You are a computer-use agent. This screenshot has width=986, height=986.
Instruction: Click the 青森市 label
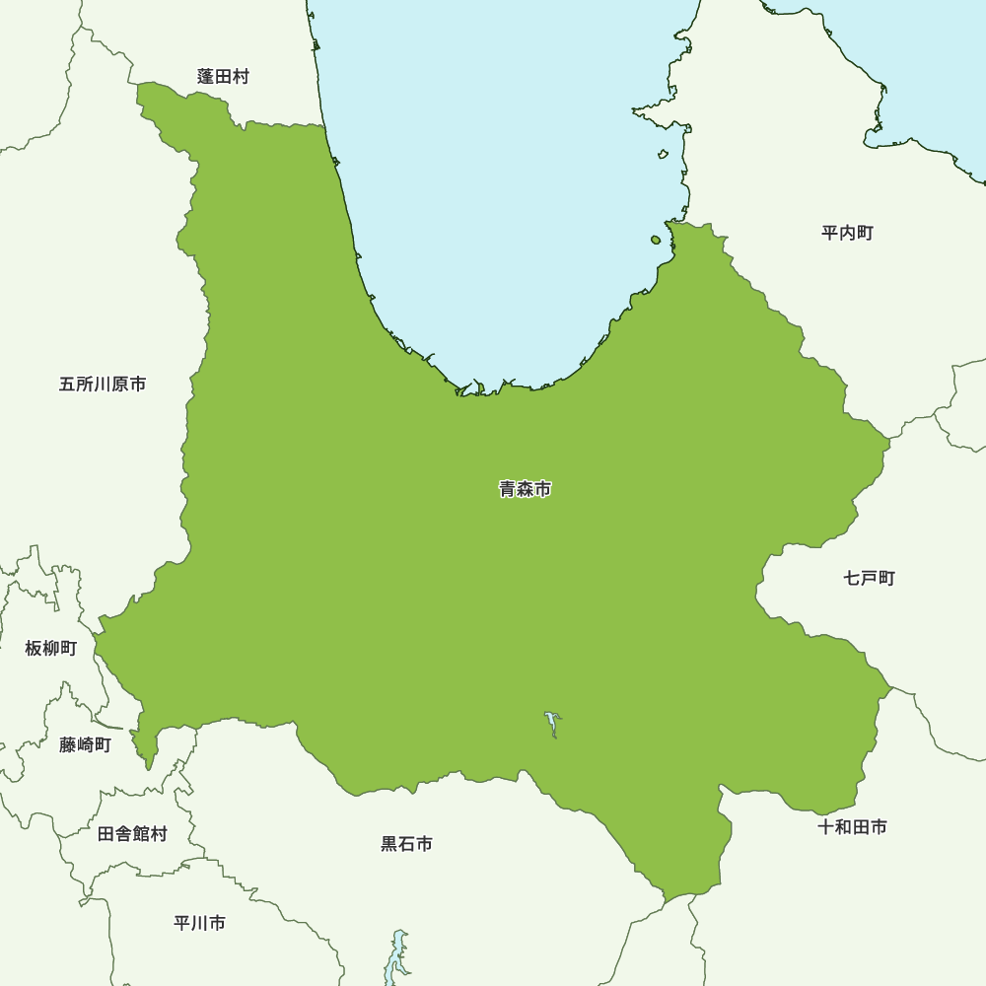coord(525,489)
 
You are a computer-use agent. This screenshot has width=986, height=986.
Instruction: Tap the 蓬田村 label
coord(223,77)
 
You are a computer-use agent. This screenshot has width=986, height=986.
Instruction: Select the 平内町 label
coord(847,234)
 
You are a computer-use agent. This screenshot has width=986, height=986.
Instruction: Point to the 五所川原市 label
coord(103,385)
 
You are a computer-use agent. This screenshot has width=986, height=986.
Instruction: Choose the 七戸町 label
coord(869,578)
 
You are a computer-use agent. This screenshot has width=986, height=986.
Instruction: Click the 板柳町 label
coord(51,648)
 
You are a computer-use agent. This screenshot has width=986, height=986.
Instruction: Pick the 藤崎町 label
coord(85,745)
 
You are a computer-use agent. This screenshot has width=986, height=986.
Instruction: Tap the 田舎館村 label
coord(132,834)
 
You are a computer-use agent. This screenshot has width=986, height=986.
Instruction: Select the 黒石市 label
coord(406,844)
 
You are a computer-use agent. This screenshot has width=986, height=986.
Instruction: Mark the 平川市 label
coord(199,923)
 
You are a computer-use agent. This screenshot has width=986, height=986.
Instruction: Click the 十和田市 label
coord(852,827)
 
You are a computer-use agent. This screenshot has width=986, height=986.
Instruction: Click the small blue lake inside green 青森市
coord(552,724)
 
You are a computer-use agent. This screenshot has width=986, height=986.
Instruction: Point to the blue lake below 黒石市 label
coord(396,952)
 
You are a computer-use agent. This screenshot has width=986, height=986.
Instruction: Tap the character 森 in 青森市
coord(525,489)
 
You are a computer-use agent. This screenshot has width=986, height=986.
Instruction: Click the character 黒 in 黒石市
coord(389,844)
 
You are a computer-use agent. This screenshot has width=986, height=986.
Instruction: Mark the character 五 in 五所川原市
coord(68,385)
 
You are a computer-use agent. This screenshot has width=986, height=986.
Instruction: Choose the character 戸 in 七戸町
coord(869,578)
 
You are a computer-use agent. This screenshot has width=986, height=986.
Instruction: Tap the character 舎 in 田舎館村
coord(123,834)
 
